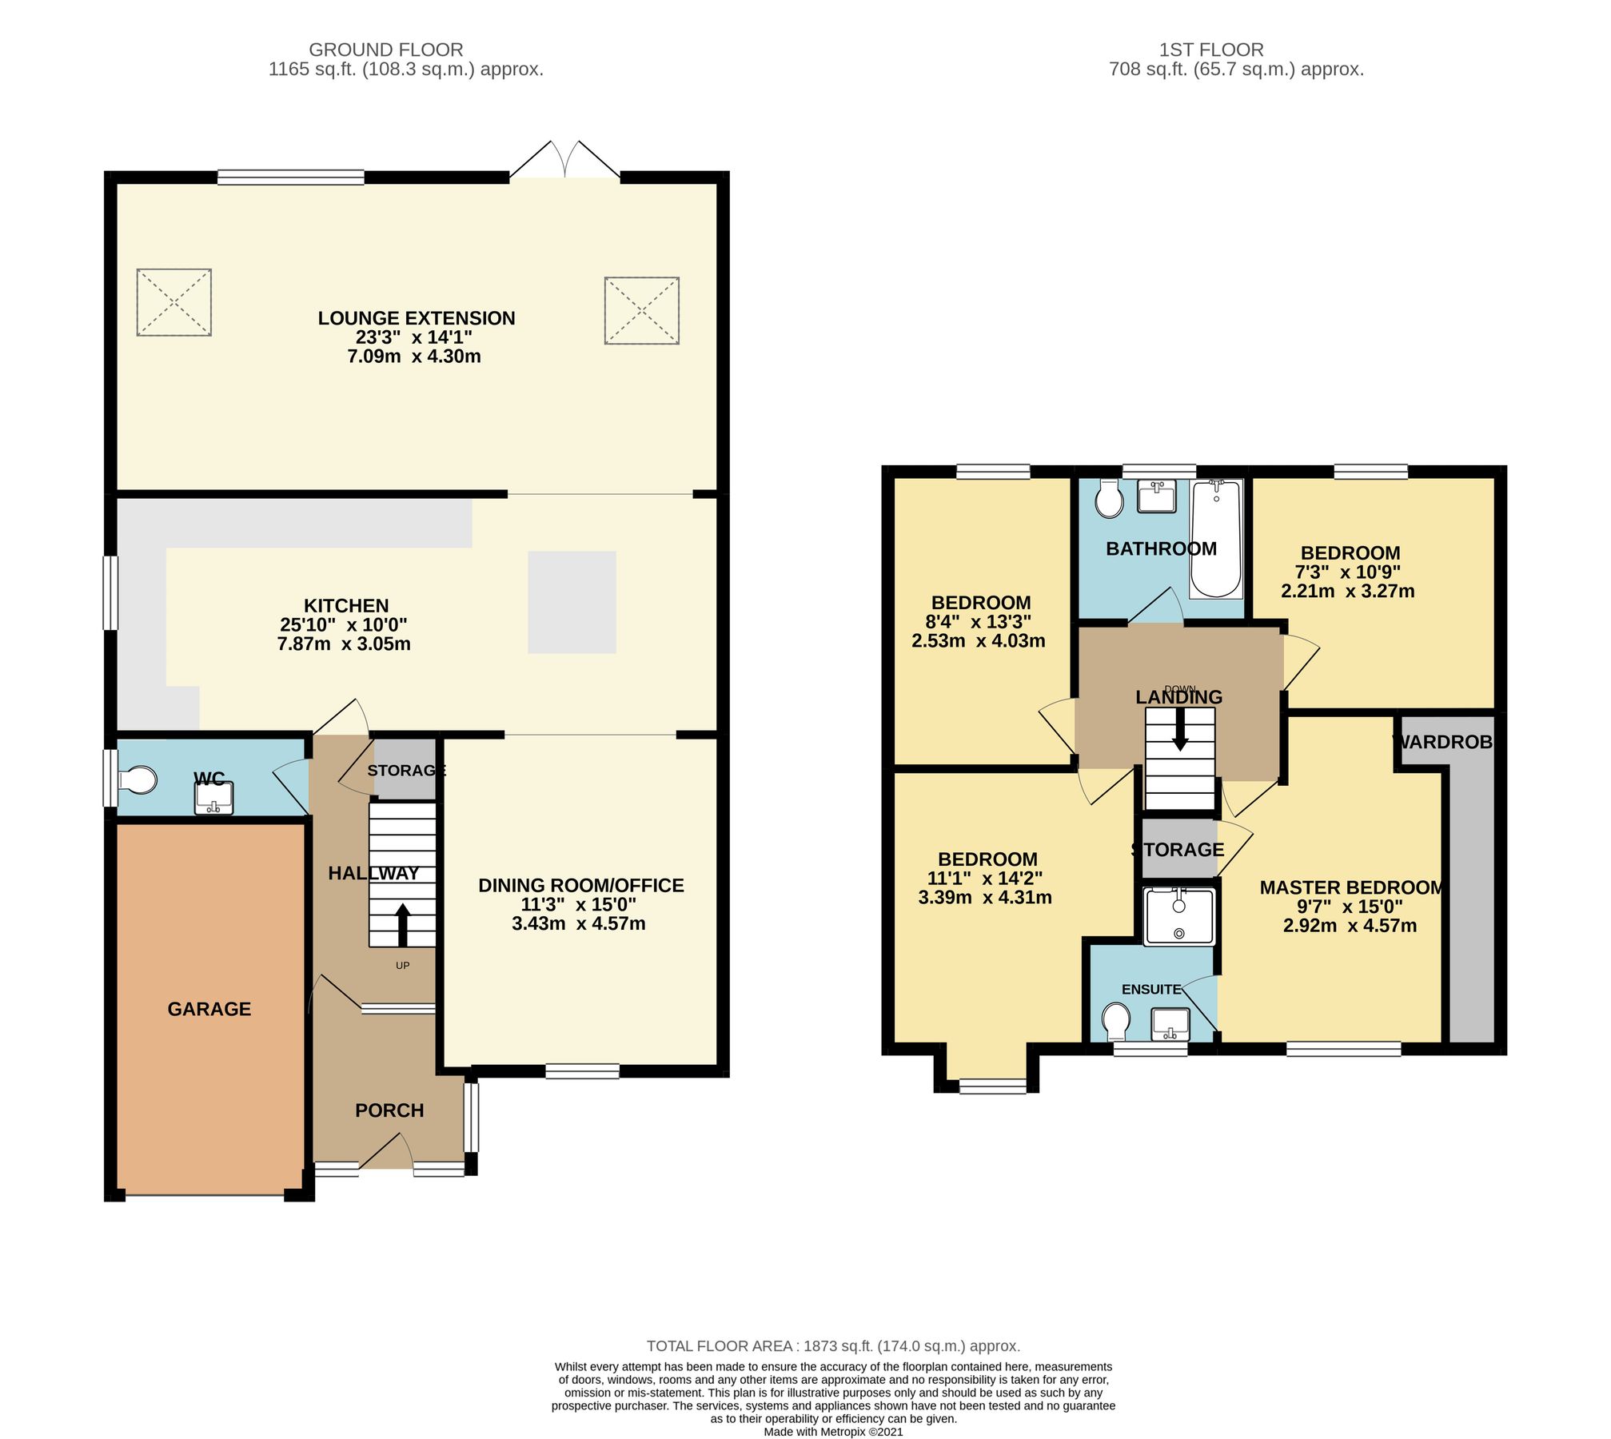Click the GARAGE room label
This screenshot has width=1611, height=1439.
click(209, 1009)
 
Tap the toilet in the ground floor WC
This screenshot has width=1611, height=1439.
click(138, 780)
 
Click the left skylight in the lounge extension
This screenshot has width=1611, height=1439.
click(174, 302)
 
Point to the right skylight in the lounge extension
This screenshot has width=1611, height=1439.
click(642, 311)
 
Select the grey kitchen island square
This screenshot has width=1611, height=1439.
click(572, 602)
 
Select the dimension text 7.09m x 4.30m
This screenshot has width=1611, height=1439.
click(414, 357)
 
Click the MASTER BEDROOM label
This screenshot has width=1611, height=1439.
click(1351, 887)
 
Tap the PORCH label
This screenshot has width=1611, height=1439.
click(389, 1110)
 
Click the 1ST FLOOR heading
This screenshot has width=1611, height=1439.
click(1211, 50)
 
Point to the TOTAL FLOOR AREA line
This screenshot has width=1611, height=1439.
click(833, 1346)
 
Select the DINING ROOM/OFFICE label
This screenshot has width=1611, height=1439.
click(580, 885)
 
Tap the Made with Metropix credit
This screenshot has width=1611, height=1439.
click(833, 1432)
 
